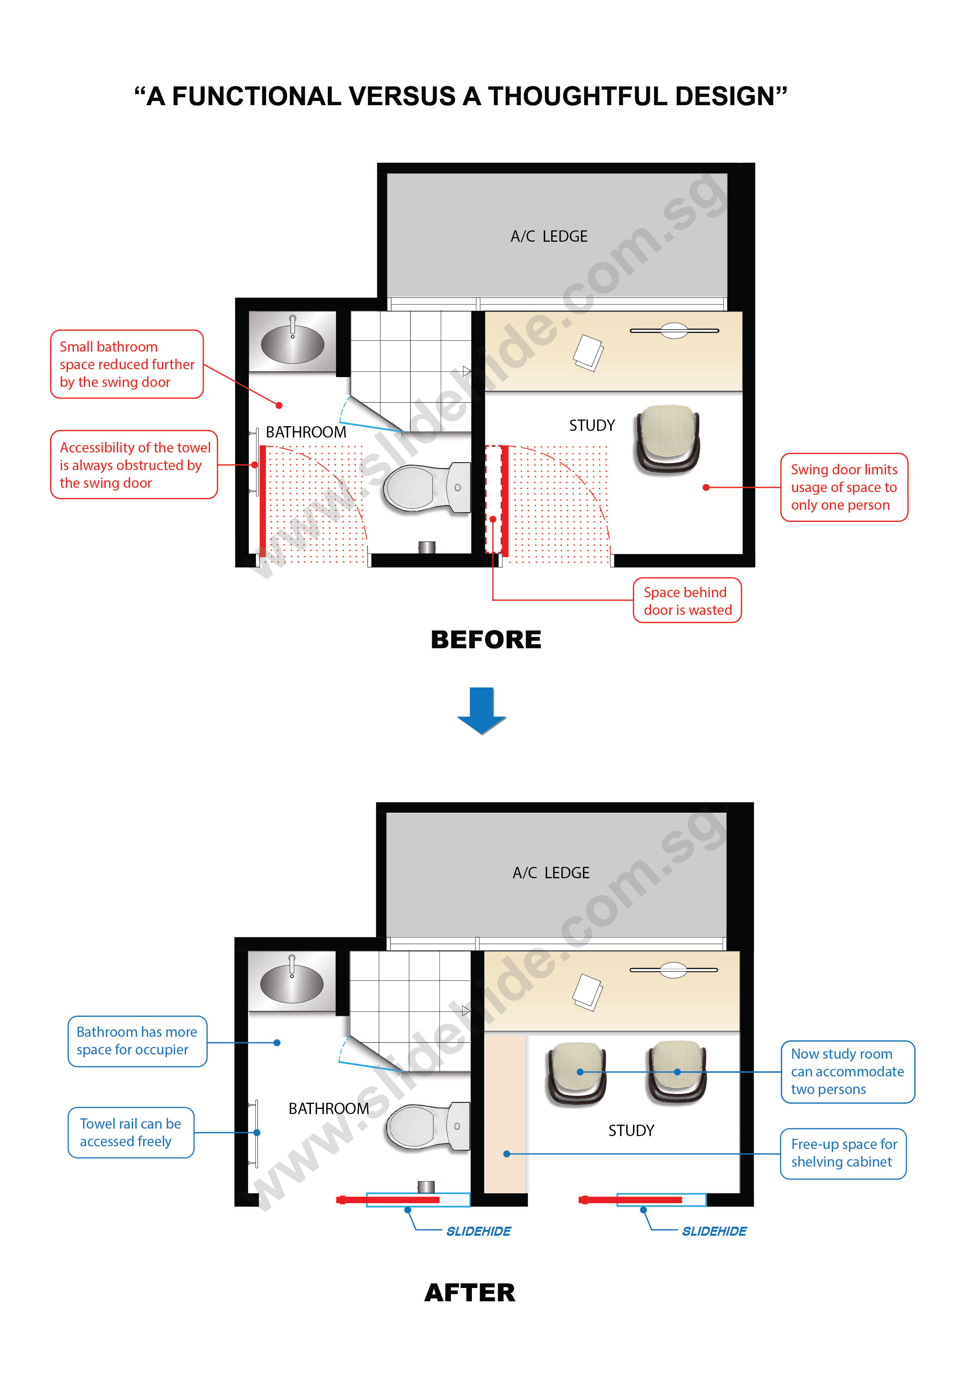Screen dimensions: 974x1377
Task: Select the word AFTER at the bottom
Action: (470, 1293)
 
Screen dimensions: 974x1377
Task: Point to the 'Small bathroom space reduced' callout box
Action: (127, 364)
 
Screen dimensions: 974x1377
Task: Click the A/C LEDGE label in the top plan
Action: (549, 236)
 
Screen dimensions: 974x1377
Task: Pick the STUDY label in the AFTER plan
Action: (631, 1131)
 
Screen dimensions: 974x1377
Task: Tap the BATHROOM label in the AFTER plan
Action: (329, 1108)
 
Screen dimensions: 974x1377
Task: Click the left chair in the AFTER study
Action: (577, 1074)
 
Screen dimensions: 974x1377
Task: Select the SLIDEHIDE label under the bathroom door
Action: (478, 1231)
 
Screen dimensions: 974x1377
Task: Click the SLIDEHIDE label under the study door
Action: (714, 1231)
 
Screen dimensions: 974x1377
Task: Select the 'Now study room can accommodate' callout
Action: (847, 1072)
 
